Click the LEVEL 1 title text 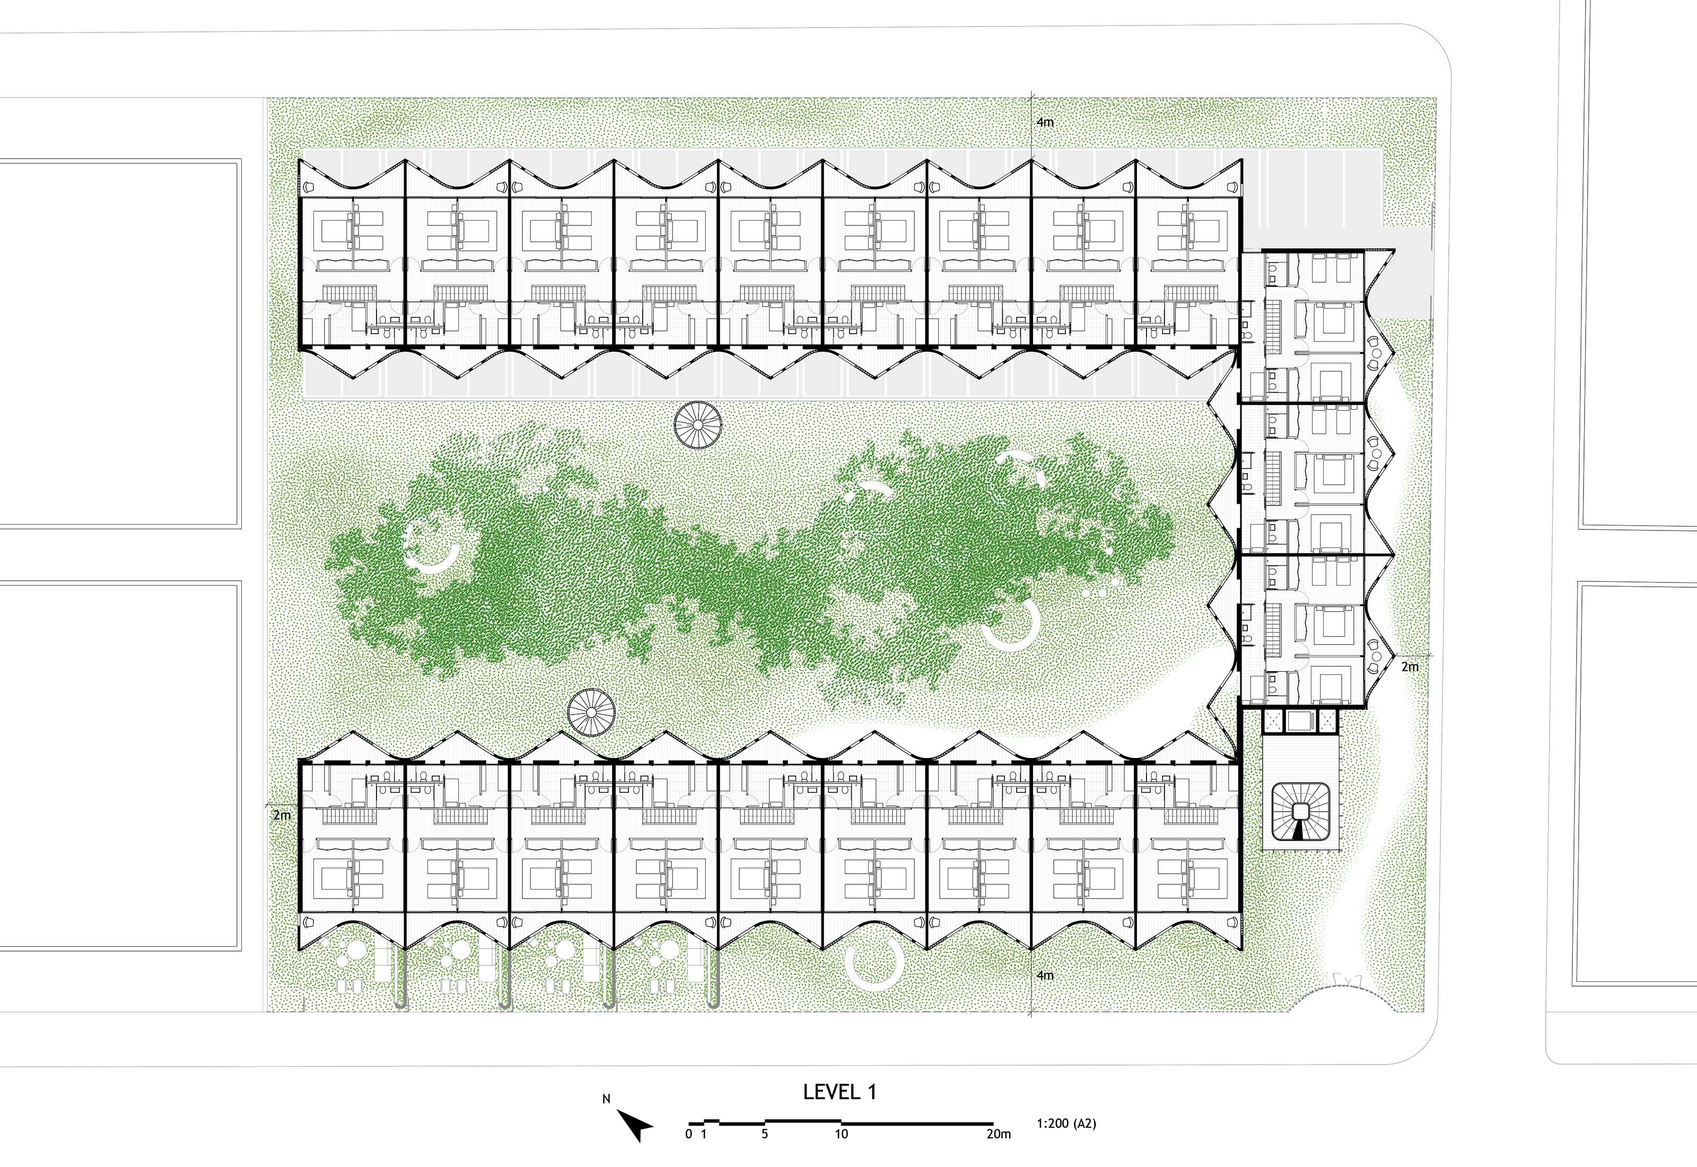coord(839,1092)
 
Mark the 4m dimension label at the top coord(1045,122)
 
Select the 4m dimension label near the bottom coord(1045,976)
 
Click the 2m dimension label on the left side coord(282,815)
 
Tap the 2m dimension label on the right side coord(1410,667)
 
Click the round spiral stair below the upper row coord(697,424)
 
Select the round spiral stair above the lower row coord(591,712)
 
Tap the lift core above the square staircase coord(1301,721)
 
